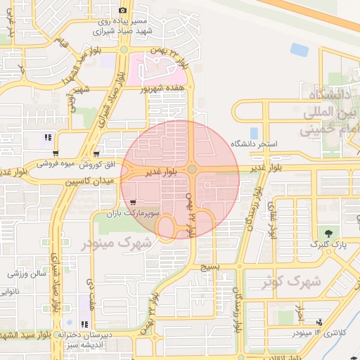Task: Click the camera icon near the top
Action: point(123,10)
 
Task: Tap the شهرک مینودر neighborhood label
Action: point(117,243)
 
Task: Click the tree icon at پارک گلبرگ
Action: point(328,233)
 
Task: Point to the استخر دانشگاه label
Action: point(259,144)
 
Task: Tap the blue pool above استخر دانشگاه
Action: point(254,132)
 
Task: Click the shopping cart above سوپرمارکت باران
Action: point(134,202)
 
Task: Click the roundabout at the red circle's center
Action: point(192,169)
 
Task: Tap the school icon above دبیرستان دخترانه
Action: point(85,324)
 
